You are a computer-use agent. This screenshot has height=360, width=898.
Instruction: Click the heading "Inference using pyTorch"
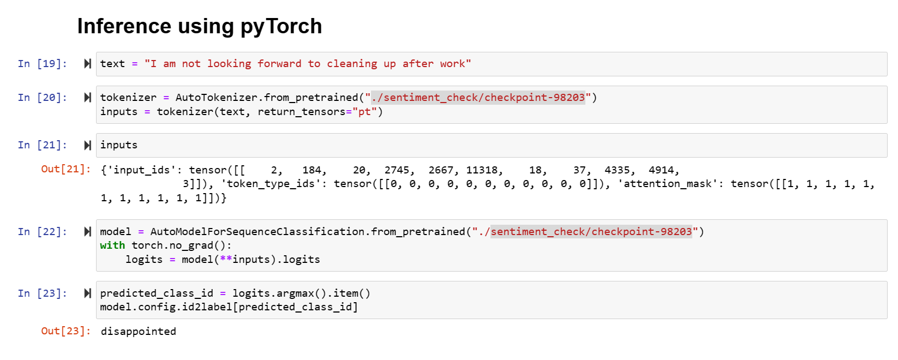[x=199, y=26]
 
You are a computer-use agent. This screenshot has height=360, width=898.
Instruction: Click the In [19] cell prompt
[x=42, y=64]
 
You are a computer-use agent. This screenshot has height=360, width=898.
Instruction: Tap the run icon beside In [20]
[x=87, y=98]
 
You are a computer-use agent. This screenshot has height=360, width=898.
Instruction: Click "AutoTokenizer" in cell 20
[x=216, y=98]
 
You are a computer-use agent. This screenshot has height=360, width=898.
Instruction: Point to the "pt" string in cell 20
[x=364, y=112]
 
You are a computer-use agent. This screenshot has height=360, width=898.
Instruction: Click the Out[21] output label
[x=65, y=169]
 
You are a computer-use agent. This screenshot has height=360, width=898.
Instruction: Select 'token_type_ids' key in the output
[x=271, y=184]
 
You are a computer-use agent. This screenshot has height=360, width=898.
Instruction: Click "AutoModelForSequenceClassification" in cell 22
[x=258, y=232]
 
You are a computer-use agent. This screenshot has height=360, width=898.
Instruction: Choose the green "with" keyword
[x=112, y=245]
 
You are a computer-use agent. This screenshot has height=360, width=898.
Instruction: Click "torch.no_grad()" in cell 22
[x=181, y=245]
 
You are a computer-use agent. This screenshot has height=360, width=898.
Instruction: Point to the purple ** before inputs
[x=226, y=260]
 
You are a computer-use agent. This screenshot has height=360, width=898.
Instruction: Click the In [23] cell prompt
[x=42, y=293]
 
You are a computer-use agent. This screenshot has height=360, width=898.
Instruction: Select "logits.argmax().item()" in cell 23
[x=301, y=293]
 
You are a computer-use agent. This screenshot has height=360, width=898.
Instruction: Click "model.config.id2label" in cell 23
[x=167, y=307]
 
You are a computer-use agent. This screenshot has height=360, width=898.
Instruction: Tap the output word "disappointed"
[x=139, y=332]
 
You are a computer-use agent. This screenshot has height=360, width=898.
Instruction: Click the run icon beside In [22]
[x=87, y=232]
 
